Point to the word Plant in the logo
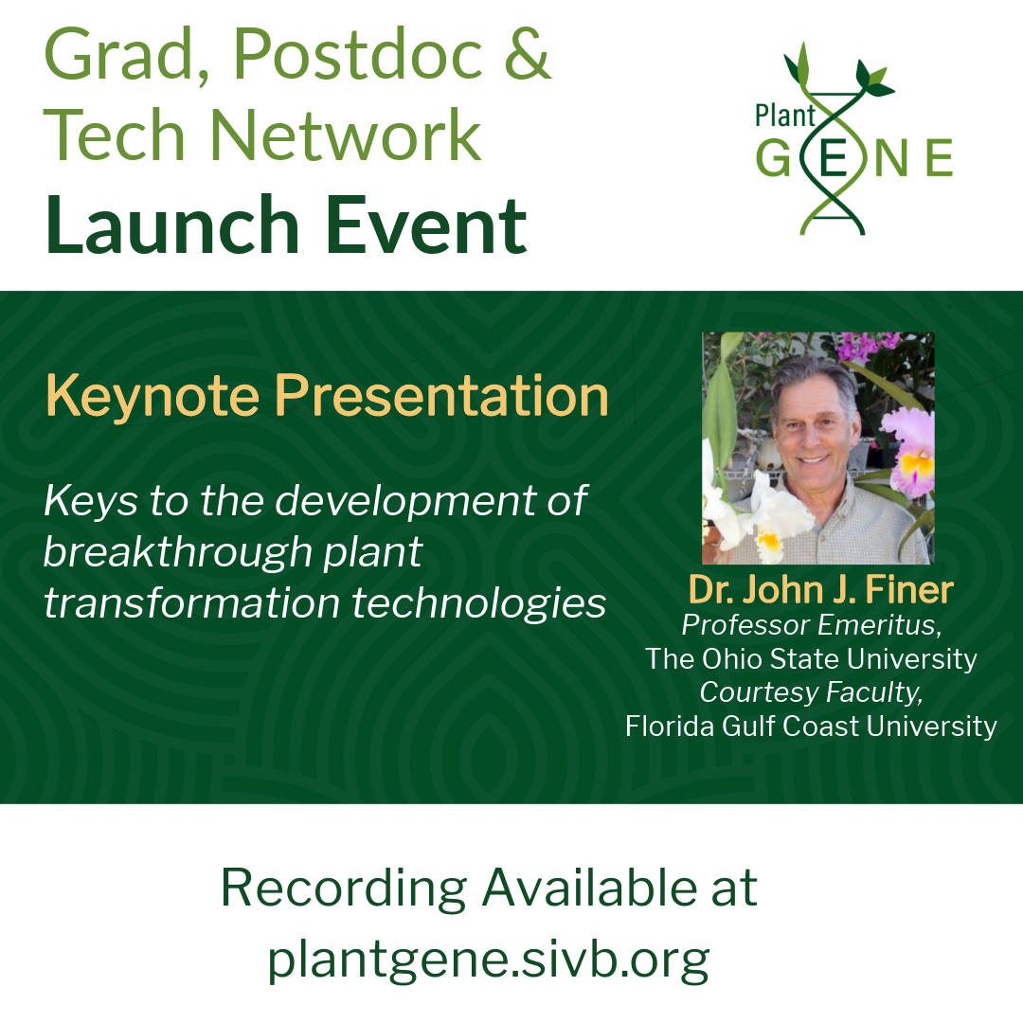click(x=785, y=117)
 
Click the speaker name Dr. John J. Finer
click(x=820, y=589)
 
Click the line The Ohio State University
click(x=811, y=658)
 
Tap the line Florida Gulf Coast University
click(x=811, y=727)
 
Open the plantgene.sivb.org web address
click(x=488, y=959)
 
